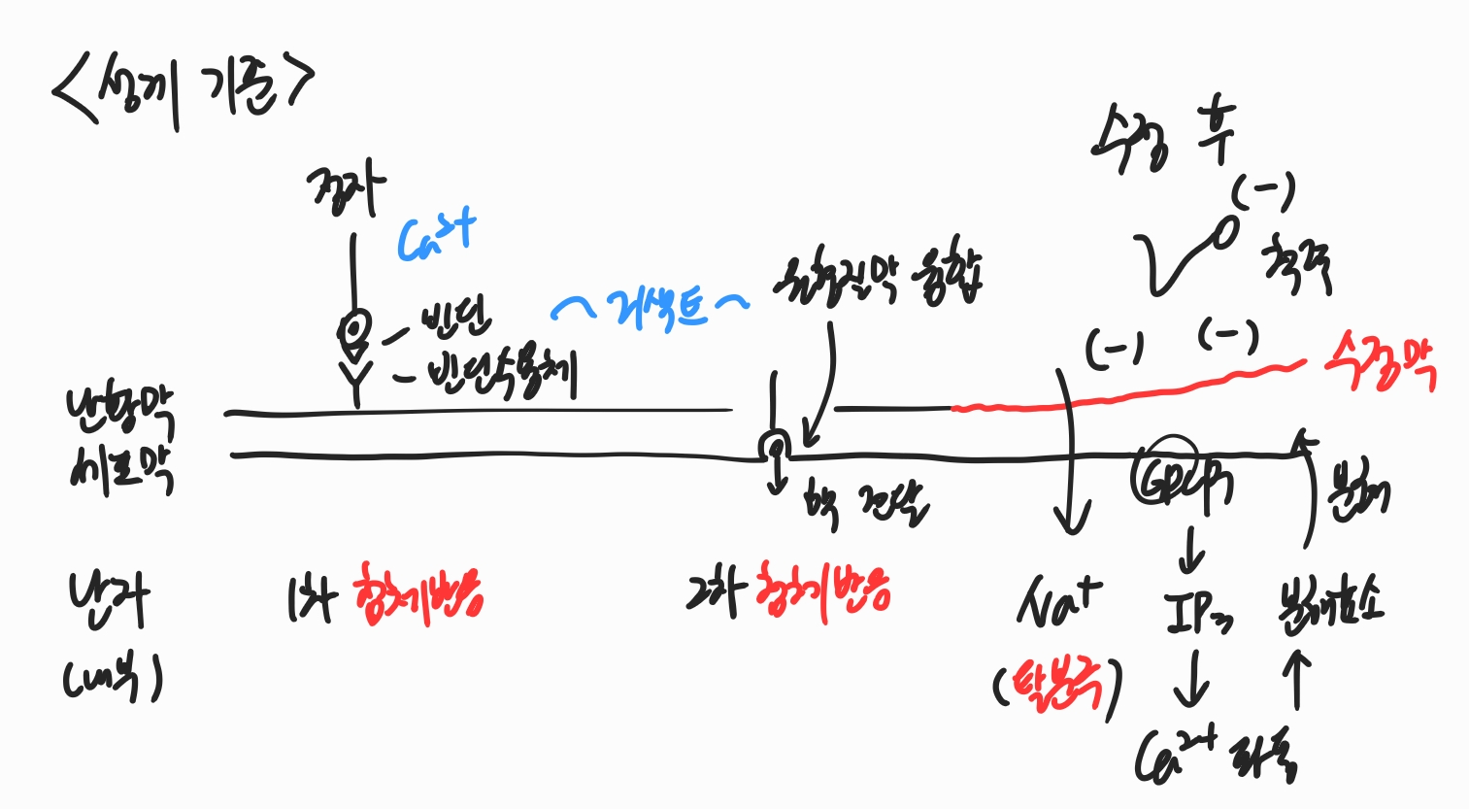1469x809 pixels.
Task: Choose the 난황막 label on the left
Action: pyautogui.click(x=120, y=414)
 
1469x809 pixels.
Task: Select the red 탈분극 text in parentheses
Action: pyautogui.click(x=1058, y=686)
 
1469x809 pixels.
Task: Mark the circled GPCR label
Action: pyautogui.click(x=1179, y=476)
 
